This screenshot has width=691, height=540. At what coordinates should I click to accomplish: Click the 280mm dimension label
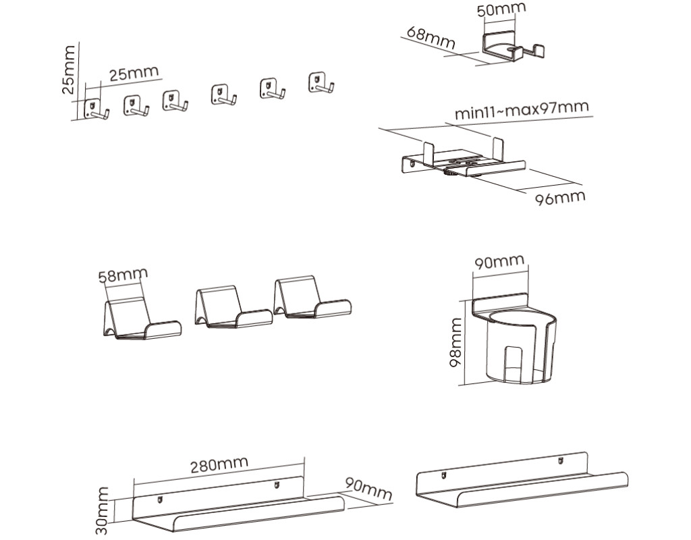click(218, 465)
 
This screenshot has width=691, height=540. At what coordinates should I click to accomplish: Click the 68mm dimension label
click(431, 36)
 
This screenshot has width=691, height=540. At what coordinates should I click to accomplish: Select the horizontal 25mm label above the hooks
click(134, 73)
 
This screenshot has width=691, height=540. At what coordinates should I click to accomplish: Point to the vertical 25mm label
click(69, 70)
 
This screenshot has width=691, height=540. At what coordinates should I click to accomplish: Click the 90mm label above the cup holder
click(499, 262)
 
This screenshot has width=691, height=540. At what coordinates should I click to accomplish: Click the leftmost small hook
click(94, 109)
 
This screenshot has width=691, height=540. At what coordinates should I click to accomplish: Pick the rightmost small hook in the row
click(321, 83)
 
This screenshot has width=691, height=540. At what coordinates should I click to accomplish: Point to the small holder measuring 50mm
click(513, 48)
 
